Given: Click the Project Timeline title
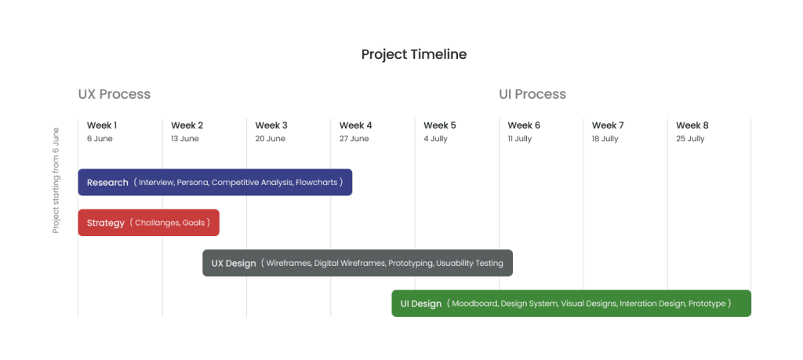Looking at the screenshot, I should [413, 54].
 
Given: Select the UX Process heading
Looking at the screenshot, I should [114, 94].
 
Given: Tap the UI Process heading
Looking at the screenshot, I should [532, 94].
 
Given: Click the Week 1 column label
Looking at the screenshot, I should [102, 125].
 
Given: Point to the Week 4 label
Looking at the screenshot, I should [355, 125].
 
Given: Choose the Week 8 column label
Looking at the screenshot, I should [692, 125].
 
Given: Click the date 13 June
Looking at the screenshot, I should [185, 139].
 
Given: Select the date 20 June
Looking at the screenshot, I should [270, 139].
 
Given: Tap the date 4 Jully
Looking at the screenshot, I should [435, 139].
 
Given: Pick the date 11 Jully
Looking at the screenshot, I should [519, 139].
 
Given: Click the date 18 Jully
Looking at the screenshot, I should [605, 139].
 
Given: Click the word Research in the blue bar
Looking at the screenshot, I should [107, 183].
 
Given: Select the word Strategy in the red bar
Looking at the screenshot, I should [106, 223].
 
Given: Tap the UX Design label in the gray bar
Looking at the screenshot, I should [234, 264].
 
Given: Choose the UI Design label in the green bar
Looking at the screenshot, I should [421, 304].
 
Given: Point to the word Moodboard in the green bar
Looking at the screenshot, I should [474, 304].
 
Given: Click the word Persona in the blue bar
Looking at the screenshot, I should [192, 183].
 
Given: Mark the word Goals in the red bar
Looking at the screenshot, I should [193, 223].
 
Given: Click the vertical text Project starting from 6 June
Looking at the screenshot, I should [56, 180].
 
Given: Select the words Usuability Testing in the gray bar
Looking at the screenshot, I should [470, 264].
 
